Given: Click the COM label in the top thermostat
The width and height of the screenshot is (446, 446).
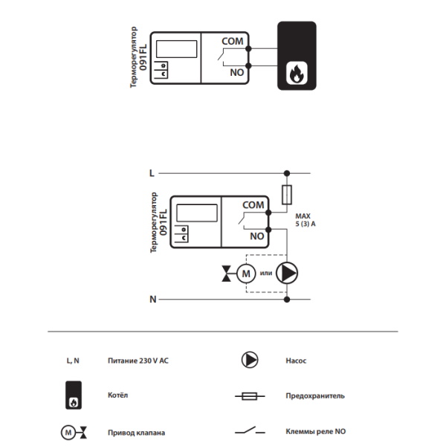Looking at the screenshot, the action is (x=233, y=41).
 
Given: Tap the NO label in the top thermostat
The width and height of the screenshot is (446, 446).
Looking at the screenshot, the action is (x=236, y=73).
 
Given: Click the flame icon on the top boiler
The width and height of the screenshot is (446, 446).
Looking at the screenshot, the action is (x=297, y=73).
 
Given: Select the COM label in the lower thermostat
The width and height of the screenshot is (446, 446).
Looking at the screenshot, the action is (x=253, y=205).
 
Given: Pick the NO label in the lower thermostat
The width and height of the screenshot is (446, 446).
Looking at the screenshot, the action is (x=257, y=236).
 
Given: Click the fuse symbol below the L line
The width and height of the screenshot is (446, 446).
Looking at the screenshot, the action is (x=287, y=195).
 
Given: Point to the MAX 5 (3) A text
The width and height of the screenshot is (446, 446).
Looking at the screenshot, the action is (x=306, y=220).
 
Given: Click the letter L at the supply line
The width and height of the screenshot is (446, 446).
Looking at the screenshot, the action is (x=152, y=173).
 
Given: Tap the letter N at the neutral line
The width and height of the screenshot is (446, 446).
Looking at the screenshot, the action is (x=153, y=300).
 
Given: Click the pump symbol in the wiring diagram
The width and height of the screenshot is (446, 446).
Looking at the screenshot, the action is (x=287, y=273).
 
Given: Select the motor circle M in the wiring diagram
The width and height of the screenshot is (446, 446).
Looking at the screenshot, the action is (x=246, y=274).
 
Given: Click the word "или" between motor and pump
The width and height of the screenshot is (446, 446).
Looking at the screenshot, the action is (x=266, y=273).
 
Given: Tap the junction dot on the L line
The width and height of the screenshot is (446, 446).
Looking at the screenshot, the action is (x=287, y=173).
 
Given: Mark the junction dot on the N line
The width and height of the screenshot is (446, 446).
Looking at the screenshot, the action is (x=287, y=300).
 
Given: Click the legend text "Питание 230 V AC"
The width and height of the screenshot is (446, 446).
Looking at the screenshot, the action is (x=138, y=361).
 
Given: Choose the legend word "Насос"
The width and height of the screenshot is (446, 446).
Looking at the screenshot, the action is (x=296, y=361).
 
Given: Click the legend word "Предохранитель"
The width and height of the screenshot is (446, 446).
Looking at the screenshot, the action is (x=315, y=396).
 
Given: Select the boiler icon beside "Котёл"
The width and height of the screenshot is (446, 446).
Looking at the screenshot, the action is (x=74, y=395).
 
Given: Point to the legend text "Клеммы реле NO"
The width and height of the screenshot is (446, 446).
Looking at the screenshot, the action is (x=316, y=431).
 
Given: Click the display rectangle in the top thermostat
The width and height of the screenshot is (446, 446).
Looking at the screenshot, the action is (x=177, y=49).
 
